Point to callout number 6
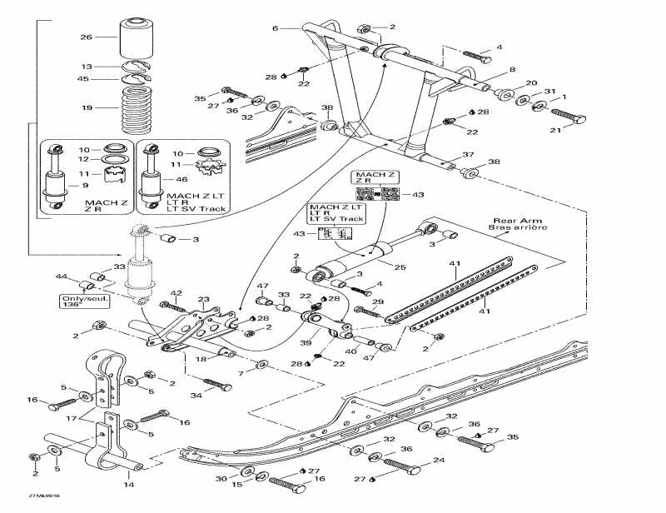tap(274, 28)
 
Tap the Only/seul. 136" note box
tap(81, 301)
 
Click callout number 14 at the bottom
tap(127, 484)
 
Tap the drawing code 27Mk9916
tap(42, 496)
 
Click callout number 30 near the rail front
tap(221, 478)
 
